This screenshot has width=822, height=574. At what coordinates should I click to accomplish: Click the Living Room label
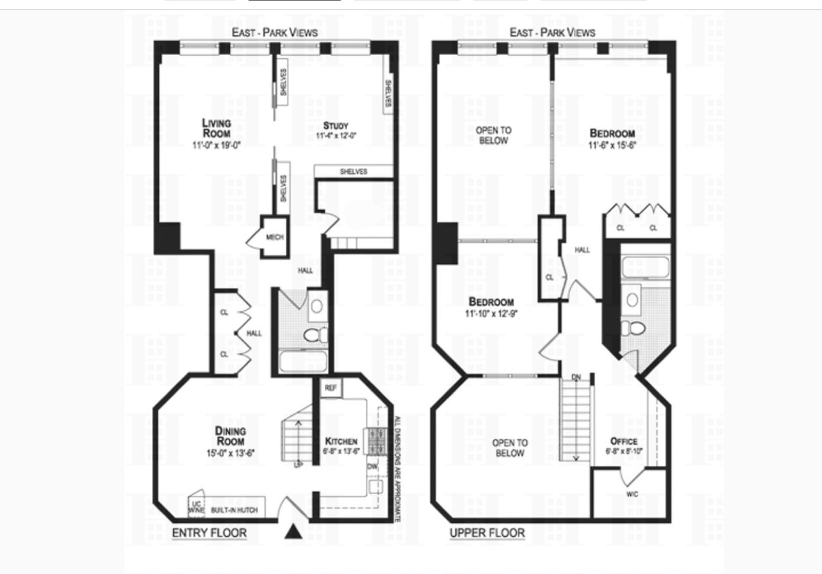pyautogui.click(x=216, y=128)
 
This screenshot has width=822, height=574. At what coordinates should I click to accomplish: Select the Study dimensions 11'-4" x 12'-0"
pyautogui.click(x=336, y=136)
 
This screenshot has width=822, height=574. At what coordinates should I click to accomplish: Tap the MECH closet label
pyautogui.click(x=274, y=237)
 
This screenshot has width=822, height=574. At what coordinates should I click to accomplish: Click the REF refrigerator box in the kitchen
pyautogui.click(x=331, y=388)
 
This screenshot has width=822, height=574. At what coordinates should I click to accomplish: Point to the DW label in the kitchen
pyautogui.click(x=372, y=466)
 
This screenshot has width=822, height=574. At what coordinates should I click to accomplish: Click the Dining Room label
pyautogui.click(x=230, y=436)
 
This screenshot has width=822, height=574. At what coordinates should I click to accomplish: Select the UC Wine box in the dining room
pyautogui.click(x=196, y=507)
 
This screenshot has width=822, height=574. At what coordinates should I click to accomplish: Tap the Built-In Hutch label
pyautogui.click(x=234, y=510)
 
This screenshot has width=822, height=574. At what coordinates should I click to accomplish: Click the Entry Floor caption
pyautogui.click(x=209, y=533)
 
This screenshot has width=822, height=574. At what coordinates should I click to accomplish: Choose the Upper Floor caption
pyautogui.click(x=487, y=533)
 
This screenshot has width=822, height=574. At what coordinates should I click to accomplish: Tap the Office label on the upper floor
pyautogui.click(x=624, y=441)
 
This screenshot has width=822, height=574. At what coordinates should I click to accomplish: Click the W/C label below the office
pyautogui.click(x=632, y=494)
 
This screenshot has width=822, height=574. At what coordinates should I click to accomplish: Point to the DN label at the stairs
pyautogui.click(x=576, y=377)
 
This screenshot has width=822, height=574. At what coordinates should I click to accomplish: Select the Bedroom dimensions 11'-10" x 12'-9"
pyautogui.click(x=491, y=314)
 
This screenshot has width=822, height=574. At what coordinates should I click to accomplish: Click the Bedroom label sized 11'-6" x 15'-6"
pyautogui.click(x=612, y=133)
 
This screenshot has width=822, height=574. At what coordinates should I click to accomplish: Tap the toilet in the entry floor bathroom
pyautogui.click(x=314, y=336)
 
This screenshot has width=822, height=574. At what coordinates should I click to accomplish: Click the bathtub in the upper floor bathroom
pyautogui.click(x=645, y=268)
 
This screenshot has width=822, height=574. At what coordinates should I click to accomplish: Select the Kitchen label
pyautogui.click(x=341, y=441)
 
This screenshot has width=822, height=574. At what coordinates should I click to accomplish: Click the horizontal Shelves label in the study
pyautogui.click(x=353, y=171)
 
